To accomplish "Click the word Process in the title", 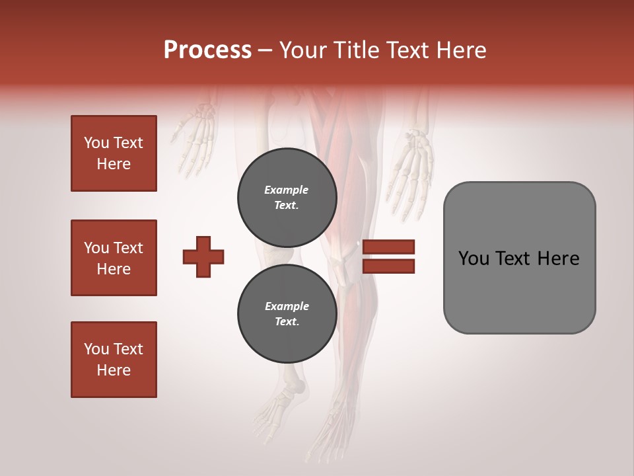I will [x=207, y=50].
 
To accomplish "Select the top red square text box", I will [x=114, y=153].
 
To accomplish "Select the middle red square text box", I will [x=114, y=258].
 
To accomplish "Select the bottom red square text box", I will [x=114, y=360].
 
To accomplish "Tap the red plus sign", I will [x=203, y=257].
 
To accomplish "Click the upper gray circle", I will [x=287, y=197].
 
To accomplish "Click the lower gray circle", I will [x=287, y=313].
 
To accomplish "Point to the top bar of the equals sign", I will [x=389, y=247].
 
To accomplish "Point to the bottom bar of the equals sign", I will [x=389, y=266].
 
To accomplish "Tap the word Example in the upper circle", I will [x=286, y=190].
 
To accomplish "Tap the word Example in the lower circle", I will [x=286, y=306].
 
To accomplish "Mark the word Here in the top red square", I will [x=114, y=164].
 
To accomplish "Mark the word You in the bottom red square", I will [x=95, y=349].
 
